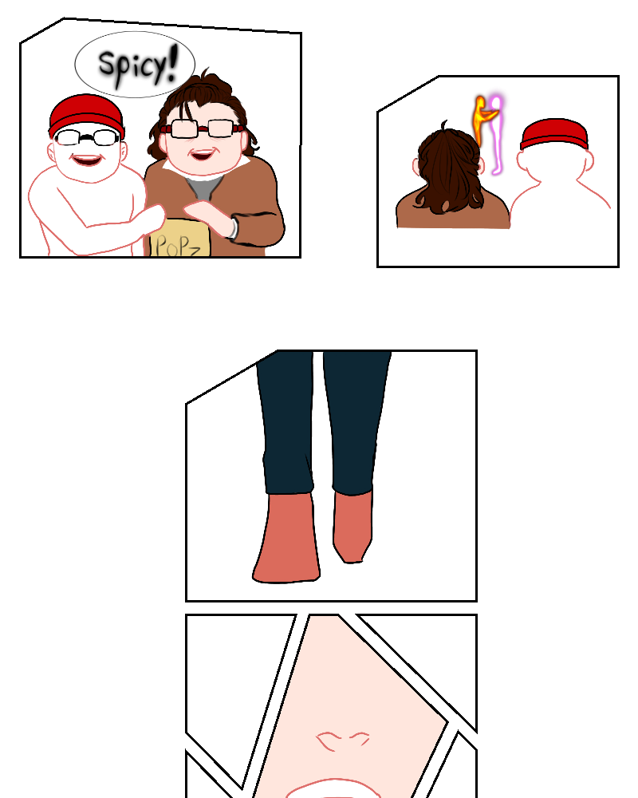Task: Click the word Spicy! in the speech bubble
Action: point(138,65)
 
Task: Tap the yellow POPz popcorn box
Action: point(179,238)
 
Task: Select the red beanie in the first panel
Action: point(86,116)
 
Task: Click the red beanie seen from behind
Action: point(554,134)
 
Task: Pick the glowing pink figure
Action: point(496,135)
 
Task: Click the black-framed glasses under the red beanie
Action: point(86,137)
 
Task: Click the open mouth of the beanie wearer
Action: point(86,160)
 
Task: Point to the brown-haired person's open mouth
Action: point(203,153)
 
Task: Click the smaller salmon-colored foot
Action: point(352,527)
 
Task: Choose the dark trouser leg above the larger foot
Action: point(286,422)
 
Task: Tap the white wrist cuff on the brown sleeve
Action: point(233,227)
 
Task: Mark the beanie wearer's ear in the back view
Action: point(589,162)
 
